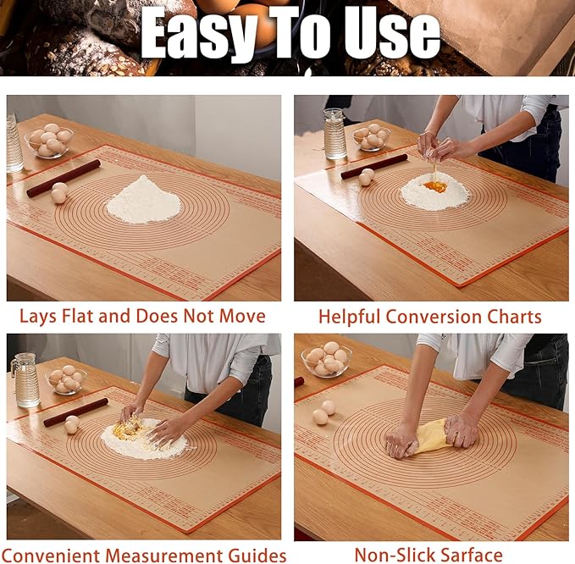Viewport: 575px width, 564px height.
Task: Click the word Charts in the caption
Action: coord(515,317)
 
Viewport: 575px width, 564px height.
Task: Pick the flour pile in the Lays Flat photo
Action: coord(143,202)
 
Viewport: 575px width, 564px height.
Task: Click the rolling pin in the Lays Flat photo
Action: coord(64,177)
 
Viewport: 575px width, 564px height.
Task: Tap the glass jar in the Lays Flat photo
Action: coord(14,144)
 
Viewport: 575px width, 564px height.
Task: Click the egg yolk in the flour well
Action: coord(435,185)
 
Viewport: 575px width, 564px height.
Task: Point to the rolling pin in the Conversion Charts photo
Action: coord(373,165)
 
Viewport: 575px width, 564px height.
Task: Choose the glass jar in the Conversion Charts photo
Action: coord(334,134)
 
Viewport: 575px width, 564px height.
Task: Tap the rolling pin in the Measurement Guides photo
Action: coord(75,411)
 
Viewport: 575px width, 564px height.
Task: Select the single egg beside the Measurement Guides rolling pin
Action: coord(71,424)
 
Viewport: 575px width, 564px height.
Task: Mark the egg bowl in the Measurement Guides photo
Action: coord(66,379)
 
